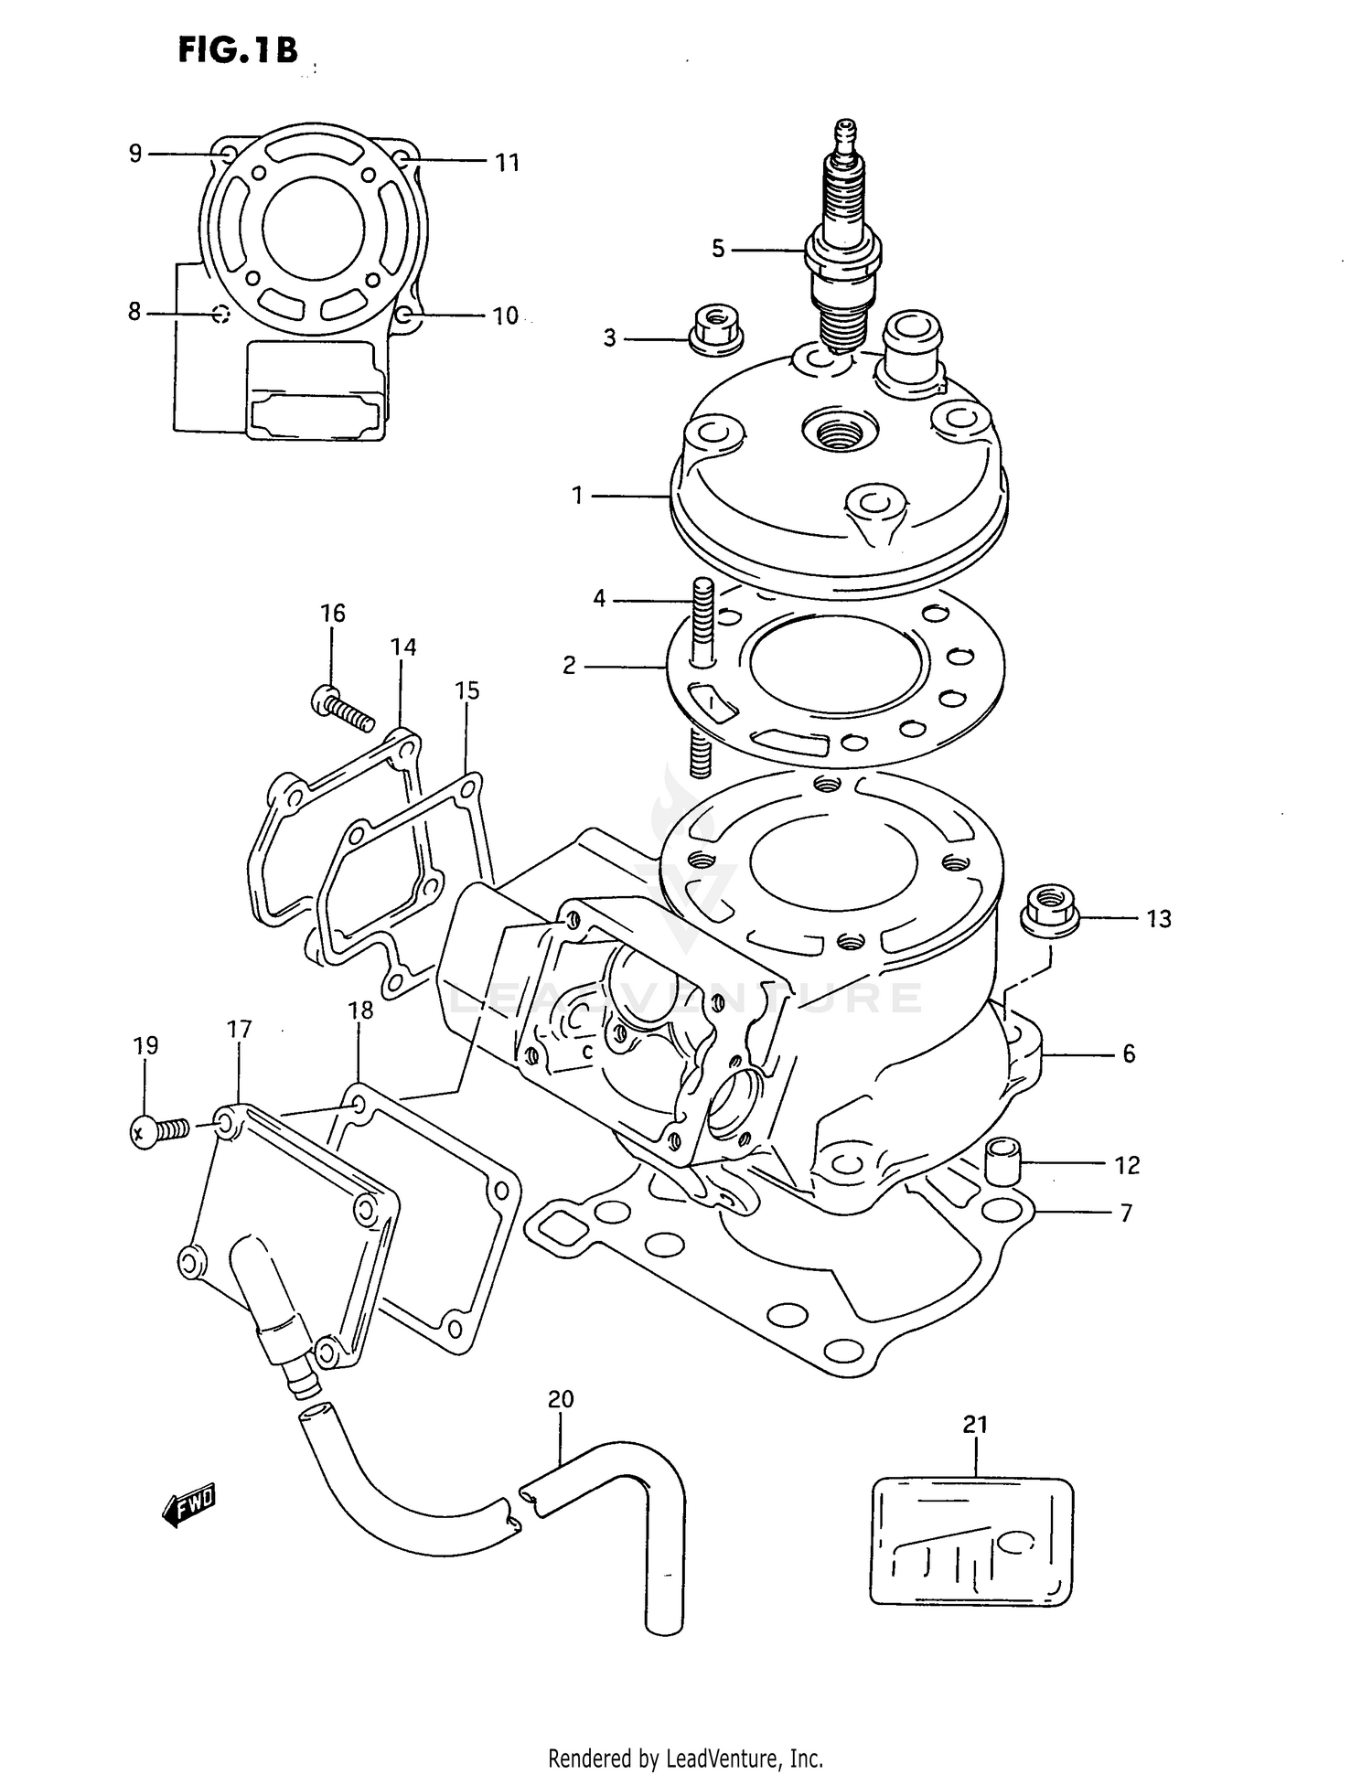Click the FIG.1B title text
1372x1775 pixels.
tap(238, 50)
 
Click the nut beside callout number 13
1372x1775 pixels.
tap(1050, 910)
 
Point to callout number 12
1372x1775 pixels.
tap(1127, 1165)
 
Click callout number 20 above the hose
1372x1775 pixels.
tap(561, 1399)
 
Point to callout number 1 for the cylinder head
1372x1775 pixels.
tap(577, 496)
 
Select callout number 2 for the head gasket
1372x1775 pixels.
tap(569, 666)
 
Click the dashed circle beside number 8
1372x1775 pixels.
tap(220, 315)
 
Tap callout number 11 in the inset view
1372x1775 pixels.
tap(507, 163)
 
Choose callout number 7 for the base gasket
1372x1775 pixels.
tap(1127, 1213)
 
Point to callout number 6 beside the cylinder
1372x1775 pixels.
tap(1129, 1053)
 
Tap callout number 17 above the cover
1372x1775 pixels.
tap(239, 1030)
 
